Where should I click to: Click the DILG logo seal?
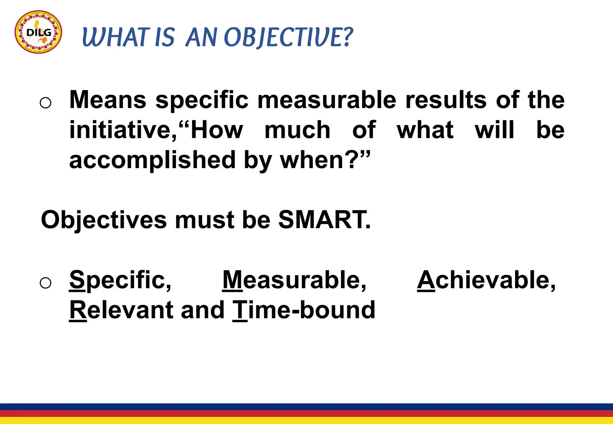[38, 32]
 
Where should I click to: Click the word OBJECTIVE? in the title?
[288, 37]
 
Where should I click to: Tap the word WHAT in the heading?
[116, 37]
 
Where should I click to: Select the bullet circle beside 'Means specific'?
[45, 103]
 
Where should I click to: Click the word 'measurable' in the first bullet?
[327, 100]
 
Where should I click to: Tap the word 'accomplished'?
[152, 160]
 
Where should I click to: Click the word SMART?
[324, 220]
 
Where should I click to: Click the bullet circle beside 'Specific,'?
[45, 283]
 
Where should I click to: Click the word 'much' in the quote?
[297, 130]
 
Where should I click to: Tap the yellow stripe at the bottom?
[306, 421]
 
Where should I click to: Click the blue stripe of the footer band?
[306, 407]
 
